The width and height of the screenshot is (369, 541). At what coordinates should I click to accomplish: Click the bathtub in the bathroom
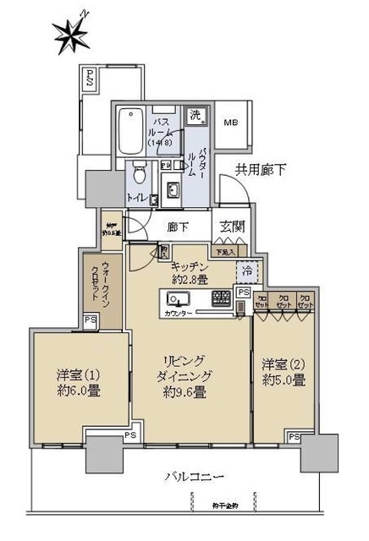(x=130, y=131)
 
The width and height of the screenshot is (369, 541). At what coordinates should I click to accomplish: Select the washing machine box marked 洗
(x=196, y=116)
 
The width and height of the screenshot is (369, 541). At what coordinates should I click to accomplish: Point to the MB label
(x=231, y=123)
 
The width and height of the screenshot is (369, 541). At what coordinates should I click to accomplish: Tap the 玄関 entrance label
(x=232, y=226)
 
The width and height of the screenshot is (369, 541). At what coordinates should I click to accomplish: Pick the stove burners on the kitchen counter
(x=220, y=298)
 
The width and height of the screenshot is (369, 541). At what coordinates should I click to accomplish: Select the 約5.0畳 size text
(x=284, y=380)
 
